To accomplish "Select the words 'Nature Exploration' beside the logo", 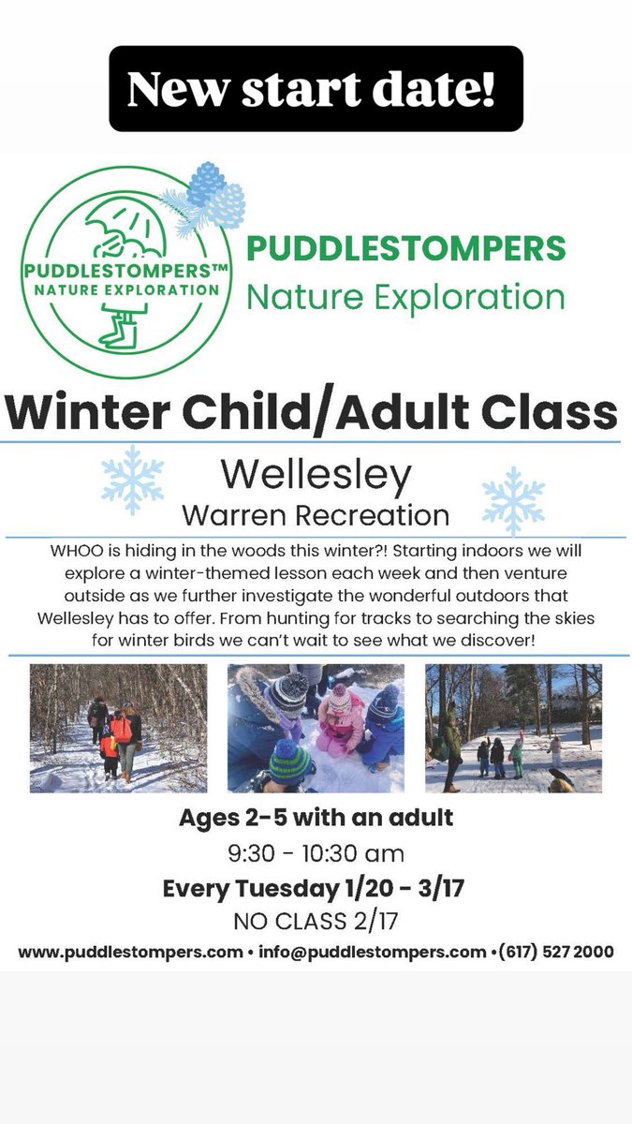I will (405, 297).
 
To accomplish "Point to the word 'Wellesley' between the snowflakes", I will (316, 476).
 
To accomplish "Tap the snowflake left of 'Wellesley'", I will (133, 480).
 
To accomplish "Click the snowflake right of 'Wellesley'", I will (512, 500).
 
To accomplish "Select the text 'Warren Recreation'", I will (316, 515).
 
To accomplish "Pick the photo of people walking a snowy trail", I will (119, 728).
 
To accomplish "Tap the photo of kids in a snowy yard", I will (513, 728).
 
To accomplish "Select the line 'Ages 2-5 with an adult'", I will (316, 818).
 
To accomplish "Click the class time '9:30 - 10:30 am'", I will (316, 853).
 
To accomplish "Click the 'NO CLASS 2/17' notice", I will (316, 922).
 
